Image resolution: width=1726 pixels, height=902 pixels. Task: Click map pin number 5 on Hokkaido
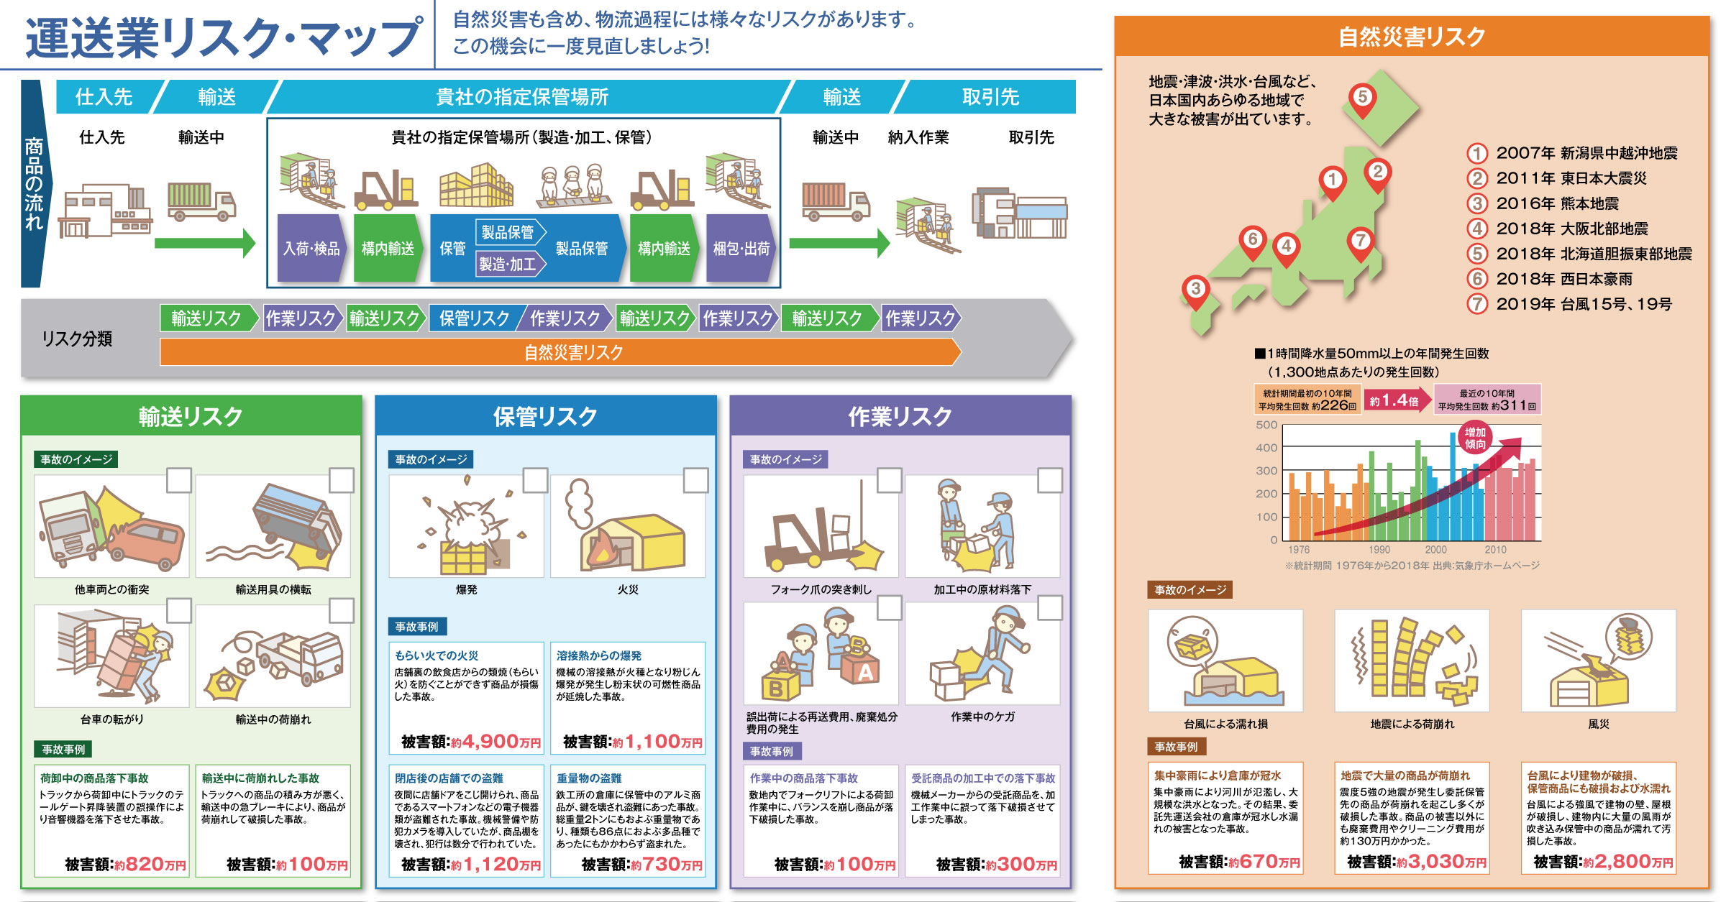1362,98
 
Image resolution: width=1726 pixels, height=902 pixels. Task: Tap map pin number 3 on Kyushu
1195,291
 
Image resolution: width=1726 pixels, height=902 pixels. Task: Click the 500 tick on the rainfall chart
1266,425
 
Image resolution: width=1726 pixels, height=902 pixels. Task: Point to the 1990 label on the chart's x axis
1379,550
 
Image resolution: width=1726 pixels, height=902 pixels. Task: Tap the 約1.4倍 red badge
1395,400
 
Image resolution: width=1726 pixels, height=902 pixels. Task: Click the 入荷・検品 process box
311,248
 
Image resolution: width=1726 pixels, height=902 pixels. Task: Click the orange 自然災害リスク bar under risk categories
561,352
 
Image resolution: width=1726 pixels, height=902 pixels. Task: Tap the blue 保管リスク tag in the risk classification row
475,318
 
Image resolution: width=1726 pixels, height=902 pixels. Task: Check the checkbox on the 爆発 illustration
535,480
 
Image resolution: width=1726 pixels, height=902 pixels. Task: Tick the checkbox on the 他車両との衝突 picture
179,480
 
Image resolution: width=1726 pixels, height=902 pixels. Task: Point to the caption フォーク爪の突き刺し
821,589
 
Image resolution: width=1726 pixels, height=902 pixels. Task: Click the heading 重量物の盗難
589,778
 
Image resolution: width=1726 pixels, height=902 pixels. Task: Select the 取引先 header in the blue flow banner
990,97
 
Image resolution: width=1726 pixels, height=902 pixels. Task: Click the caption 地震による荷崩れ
1412,724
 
